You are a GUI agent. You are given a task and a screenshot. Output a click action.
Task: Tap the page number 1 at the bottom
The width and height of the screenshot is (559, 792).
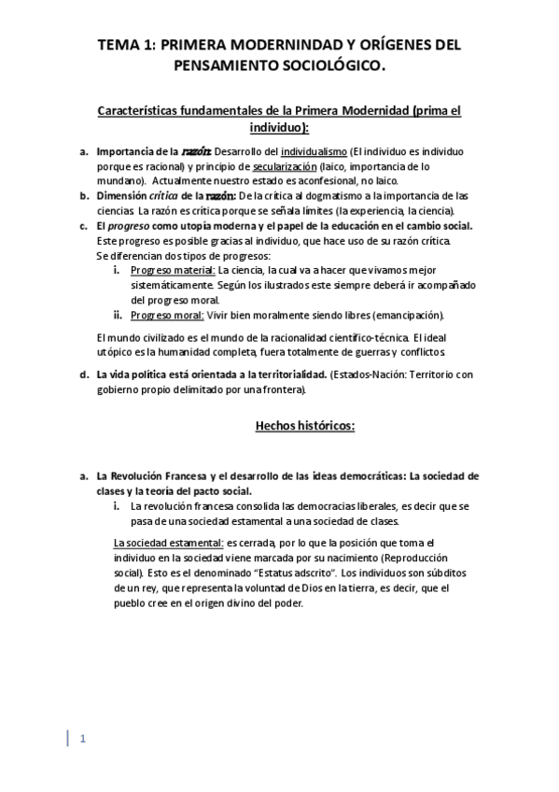82,740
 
